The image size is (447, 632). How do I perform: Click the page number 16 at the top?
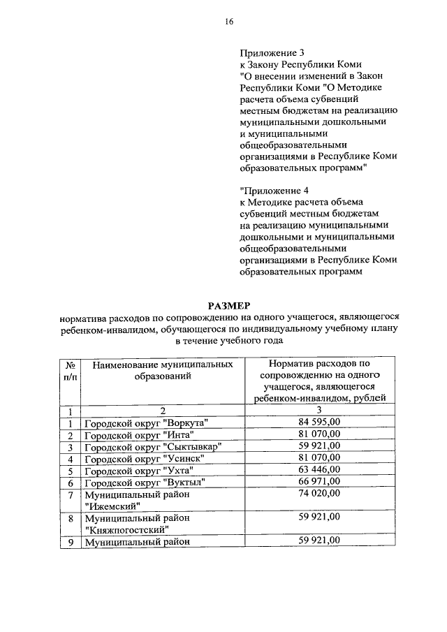pos(228,22)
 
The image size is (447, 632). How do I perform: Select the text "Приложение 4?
pos(274,189)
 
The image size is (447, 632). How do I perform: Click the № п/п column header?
pos(70,370)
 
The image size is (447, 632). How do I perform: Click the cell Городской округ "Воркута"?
pos(147,422)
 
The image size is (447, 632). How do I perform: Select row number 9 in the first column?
pos(71,541)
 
